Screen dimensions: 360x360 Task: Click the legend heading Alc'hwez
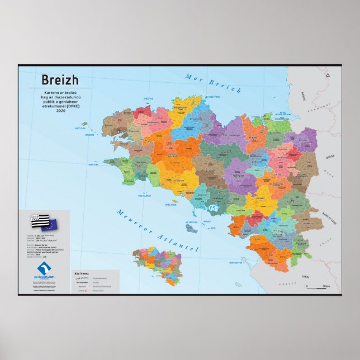[x=82, y=273]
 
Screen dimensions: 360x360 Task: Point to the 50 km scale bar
[x=316, y=287]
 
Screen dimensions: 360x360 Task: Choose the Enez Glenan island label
[x=143, y=196]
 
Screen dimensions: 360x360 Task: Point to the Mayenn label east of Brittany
[x=329, y=158]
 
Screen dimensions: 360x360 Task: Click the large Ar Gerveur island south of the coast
[x=192, y=226]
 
